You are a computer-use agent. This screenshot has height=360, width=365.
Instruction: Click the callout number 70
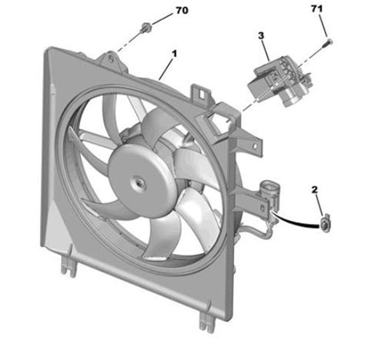point(182,11)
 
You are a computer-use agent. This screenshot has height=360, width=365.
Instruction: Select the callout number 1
point(175,54)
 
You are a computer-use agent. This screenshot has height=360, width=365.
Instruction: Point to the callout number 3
point(261,35)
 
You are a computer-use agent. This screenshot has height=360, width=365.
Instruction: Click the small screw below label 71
point(328,38)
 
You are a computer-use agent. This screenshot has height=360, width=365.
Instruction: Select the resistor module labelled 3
point(278,76)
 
